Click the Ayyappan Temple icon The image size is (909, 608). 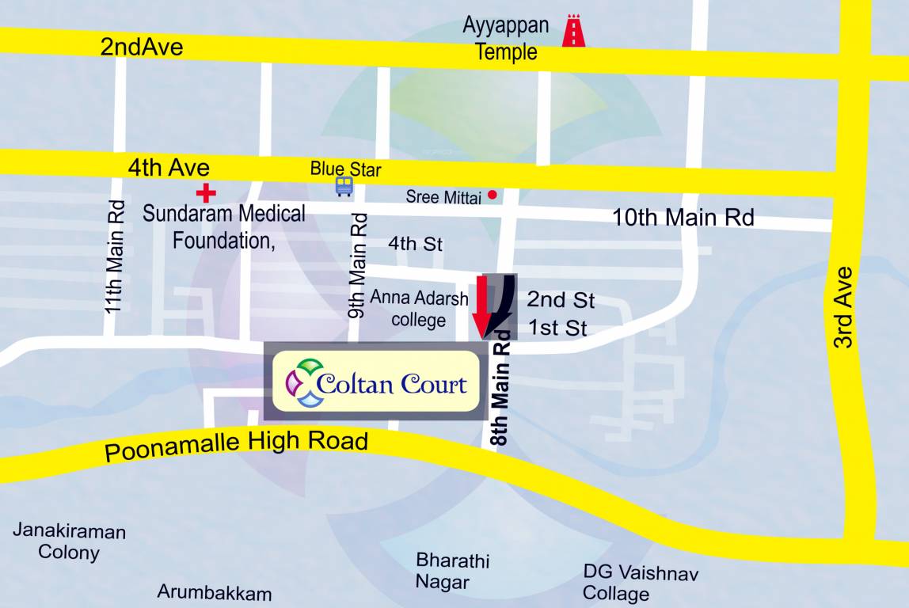pyautogui.click(x=573, y=32)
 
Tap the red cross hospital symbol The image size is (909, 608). pyautogui.click(x=206, y=192)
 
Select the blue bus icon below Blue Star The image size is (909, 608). pyautogui.click(x=344, y=186)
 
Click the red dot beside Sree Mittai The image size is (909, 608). pyautogui.click(x=493, y=195)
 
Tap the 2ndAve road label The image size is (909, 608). pyautogui.click(x=142, y=47)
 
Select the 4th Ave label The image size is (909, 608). pyautogui.click(x=169, y=168)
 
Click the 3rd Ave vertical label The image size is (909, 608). pyautogui.click(x=844, y=308)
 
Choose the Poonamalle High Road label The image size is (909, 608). pyautogui.click(x=237, y=445)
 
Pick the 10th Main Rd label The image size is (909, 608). pyautogui.click(x=683, y=217)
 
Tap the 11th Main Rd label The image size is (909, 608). pyautogui.click(x=116, y=255)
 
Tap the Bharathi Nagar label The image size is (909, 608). pyautogui.click(x=453, y=572)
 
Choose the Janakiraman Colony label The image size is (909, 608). pyautogui.click(x=69, y=541)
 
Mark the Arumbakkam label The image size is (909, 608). pyautogui.click(x=215, y=592)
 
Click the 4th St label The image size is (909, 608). pyautogui.click(x=415, y=244)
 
